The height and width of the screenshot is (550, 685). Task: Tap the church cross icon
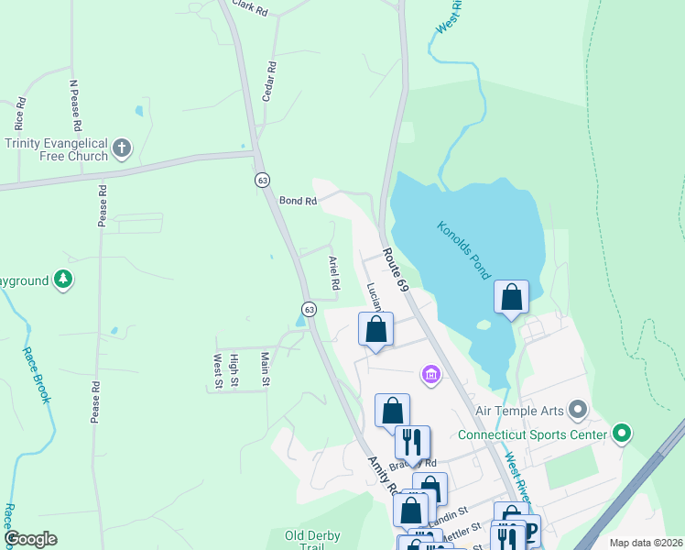click(x=122, y=148)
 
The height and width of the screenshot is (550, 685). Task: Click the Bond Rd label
click(x=298, y=200)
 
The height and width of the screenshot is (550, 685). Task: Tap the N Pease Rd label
click(x=75, y=104)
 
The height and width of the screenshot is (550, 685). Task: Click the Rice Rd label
click(x=18, y=115)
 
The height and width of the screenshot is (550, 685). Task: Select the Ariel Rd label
click(x=334, y=272)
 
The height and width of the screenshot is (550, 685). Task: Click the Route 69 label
click(x=396, y=269)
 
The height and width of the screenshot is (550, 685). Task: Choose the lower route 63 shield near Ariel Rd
click(x=310, y=308)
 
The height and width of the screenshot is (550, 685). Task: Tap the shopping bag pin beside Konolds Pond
click(x=511, y=297)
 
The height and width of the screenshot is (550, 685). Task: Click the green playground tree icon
click(x=62, y=279)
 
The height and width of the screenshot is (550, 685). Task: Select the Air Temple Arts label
click(x=516, y=408)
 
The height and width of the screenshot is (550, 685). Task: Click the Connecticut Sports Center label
click(x=532, y=434)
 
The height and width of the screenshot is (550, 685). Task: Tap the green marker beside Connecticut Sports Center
click(x=623, y=432)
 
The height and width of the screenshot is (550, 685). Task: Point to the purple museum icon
click(x=430, y=374)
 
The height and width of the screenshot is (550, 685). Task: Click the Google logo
click(x=30, y=539)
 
